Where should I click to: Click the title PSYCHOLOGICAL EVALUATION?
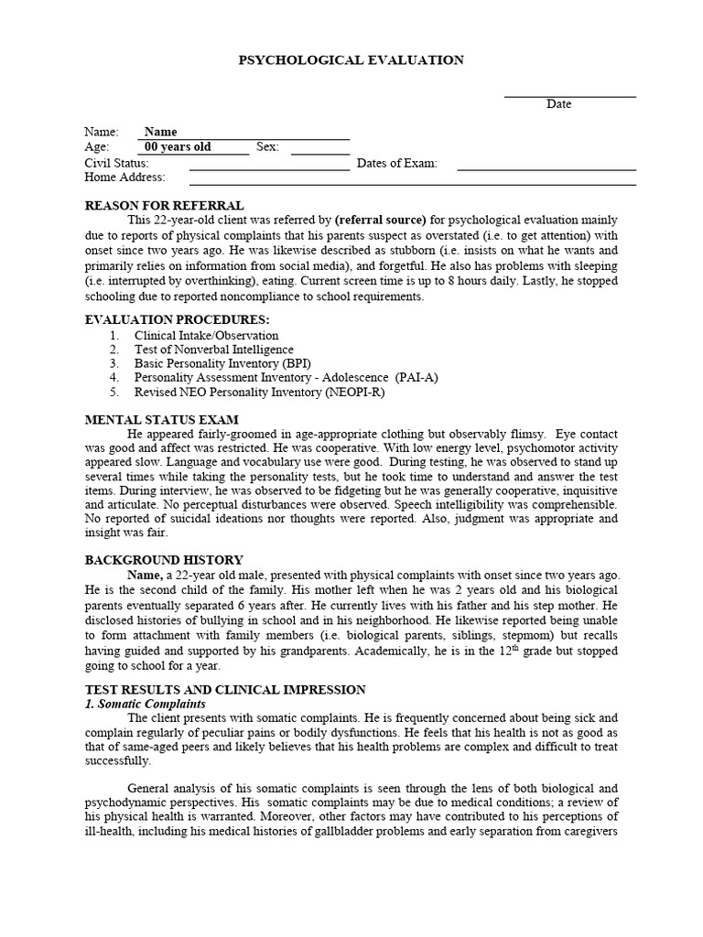tap(351, 60)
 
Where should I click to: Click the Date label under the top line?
tap(558, 104)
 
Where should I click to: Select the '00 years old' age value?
tap(178, 147)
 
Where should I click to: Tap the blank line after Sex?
tap(319, 149)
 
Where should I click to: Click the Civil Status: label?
tap(116, 163)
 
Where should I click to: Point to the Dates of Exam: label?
tap(396, 163)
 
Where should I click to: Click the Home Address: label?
tap(124, 178)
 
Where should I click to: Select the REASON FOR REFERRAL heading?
tap(164, 206)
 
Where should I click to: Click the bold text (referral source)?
tap(381, 221)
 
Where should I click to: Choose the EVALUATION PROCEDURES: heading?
tap(177, 319)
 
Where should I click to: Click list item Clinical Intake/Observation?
tap(206, 336)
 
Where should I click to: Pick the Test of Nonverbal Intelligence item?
tap(213, 350)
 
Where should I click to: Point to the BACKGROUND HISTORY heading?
tap(163, 560)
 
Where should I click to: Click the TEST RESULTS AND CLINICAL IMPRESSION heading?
tap(225, 690)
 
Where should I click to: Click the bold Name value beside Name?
tap(161, 132)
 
